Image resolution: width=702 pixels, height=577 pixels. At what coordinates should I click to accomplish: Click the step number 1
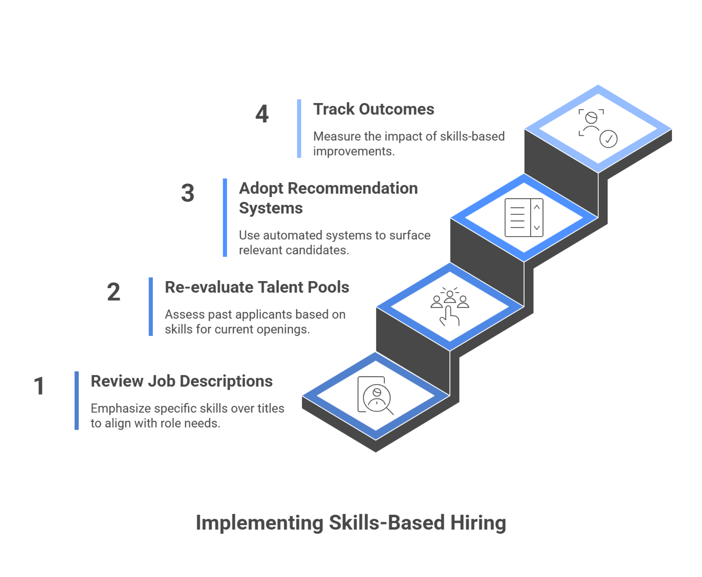[x=39, y=385]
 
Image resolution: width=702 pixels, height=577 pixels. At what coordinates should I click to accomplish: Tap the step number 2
[x=114, y=292]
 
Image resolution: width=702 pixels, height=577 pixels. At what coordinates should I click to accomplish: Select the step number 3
[x=188, y=193]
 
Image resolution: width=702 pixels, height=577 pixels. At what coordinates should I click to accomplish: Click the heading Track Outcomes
[x=374, y=109]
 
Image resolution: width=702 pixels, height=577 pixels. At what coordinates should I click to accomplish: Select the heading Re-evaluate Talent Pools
[x=257, y=287]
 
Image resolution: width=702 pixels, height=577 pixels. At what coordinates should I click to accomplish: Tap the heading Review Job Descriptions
[x=182, y=381]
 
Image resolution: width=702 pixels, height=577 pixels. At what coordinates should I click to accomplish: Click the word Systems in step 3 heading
[x=271, y=208]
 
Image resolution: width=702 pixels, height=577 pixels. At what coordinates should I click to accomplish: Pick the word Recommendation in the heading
[x=353, y=188]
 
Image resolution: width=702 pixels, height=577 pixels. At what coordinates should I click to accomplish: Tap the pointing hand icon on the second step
[x=450, y=316]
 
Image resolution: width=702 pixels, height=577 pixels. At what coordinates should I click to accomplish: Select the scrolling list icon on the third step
[x=524, y=218]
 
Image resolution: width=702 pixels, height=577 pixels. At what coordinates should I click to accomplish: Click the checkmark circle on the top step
[x=609, y=139]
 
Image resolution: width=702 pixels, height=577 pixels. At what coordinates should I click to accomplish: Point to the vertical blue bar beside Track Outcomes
[x=299, y=128]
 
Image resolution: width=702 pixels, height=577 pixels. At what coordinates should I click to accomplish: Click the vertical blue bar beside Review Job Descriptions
[x=77, y=401]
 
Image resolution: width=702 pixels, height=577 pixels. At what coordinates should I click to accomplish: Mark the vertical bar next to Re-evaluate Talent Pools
[x=151, y=307]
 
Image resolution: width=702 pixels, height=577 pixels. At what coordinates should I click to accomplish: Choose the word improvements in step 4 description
[x=354, y=151]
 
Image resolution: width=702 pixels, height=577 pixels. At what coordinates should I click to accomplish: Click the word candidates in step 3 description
[x=317, y=250]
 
